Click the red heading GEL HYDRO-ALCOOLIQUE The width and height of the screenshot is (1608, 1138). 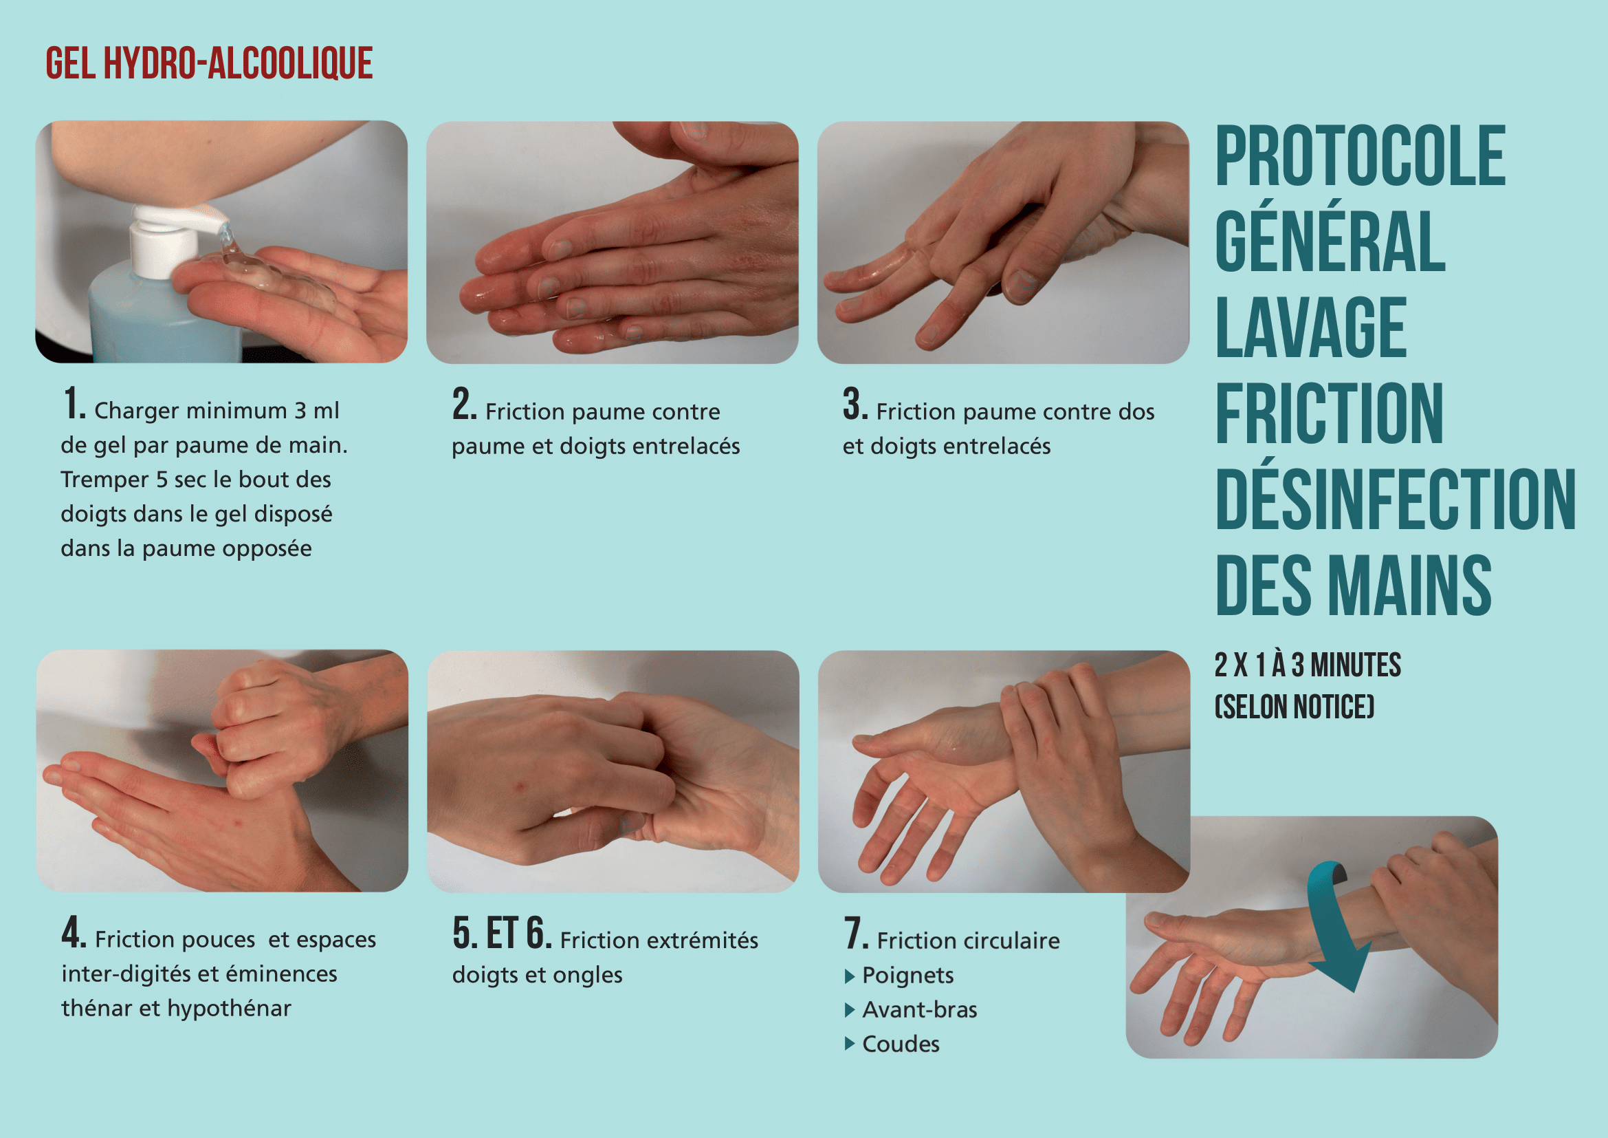tap(209, 63)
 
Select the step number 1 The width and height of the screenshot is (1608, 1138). tap(74, 405)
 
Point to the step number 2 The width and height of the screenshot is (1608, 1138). tap(464, 405)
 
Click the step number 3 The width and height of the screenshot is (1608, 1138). tap(855, 405)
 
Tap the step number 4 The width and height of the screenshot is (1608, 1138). tap(74, 933)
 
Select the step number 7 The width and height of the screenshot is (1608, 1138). tap(857, 934)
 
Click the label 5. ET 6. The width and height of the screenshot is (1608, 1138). tap(502, 934)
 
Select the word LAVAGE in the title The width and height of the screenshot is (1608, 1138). tap(1311, 327)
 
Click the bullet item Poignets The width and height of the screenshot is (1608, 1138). tap(907, 975)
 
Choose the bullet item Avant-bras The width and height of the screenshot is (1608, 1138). tap(920, 1009)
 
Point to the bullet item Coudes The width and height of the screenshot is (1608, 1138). tap(901, 1044)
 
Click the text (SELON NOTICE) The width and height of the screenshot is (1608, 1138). tap(1295, 707)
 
